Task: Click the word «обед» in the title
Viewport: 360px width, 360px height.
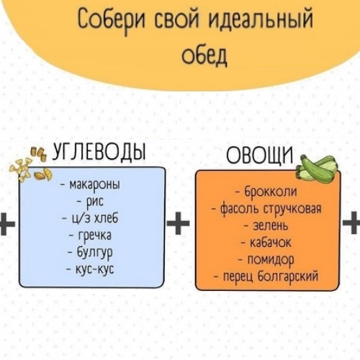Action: (x=204, y=55)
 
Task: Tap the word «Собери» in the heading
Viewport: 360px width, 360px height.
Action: (x=111, y=20)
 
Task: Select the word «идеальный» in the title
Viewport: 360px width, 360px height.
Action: (x=261, y=20)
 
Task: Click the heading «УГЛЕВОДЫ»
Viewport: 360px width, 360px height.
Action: (x=99, y=152)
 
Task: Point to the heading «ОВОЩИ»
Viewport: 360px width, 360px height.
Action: (x=260, y=155)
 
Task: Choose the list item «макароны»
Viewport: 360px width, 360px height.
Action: (x=90, y=185)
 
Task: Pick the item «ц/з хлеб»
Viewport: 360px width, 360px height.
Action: (x=90, y=218)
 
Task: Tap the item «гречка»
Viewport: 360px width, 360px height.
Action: (x=90, y=235)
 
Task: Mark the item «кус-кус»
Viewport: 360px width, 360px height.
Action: (x=90, y=269)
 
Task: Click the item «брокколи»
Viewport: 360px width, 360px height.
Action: (x=267, y=192)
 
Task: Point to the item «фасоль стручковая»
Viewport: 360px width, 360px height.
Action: (x=266, y=209)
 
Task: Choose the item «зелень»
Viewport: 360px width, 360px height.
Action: (x=266, y=226)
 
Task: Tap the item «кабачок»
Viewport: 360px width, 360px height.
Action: (x=266, y=243)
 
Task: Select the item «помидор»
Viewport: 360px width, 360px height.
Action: (x=266, y=260)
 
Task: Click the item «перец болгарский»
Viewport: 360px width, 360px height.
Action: (x=266, y=276)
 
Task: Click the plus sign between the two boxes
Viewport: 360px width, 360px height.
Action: (x=178, y=223)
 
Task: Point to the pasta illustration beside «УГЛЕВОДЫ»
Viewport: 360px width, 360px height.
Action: (x=30, y=165)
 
